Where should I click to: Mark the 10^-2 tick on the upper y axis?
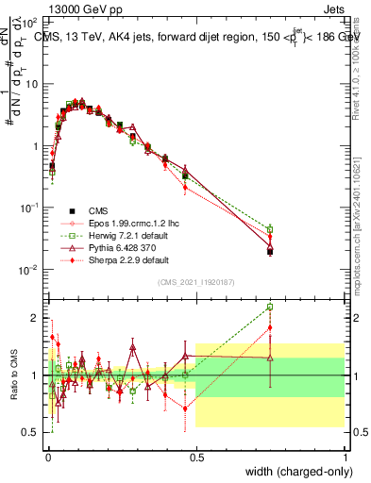[x=31, y=270]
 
